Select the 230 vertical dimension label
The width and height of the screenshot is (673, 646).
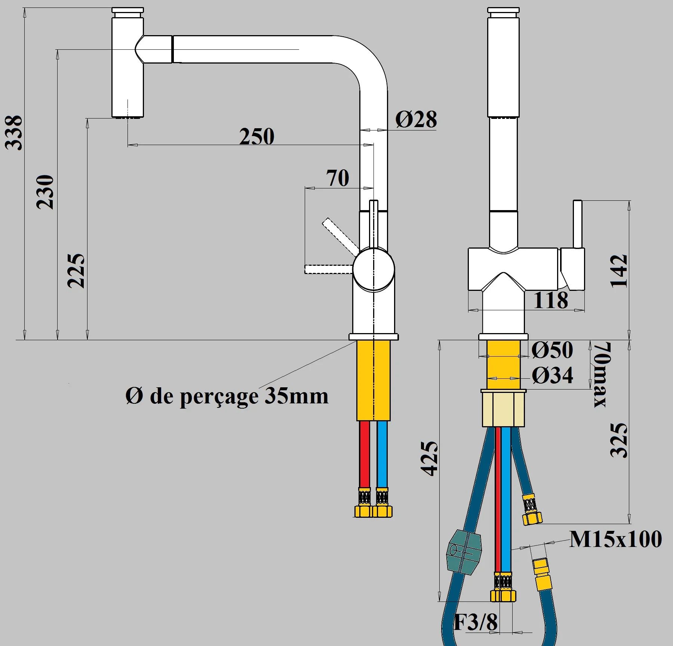pyautogui.click(x=45, y=192)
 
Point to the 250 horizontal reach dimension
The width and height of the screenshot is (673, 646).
pyautogui.click(x=257, y=136)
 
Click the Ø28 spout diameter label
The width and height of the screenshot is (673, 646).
pyautogui.click(x=416, y=120)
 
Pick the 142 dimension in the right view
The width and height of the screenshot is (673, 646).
pyautogui.click(x=618, y=271)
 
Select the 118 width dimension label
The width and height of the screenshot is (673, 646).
pyautogui.click(x=551, y=300)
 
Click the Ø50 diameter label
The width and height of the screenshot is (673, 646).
pyautogui.click(x=552, y=350)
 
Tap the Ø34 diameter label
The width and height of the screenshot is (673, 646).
pyautogui.click(x=552, y=375)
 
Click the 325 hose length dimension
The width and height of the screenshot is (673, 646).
pyautogui.click(x=618, y=440)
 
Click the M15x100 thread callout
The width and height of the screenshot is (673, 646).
pyautogui.click(x=615, y=539)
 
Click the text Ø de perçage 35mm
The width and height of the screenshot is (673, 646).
pyautogui.click(x=227, y=396)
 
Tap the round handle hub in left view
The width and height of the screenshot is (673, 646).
pyautogui.click(x=374, y=270)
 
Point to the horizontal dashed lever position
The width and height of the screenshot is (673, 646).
pyautogui.click(x=328, y=269)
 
